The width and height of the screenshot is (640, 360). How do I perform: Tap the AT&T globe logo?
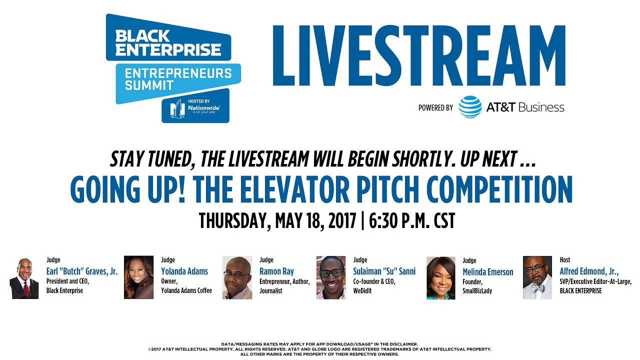470,107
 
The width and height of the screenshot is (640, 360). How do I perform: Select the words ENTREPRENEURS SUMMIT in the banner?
178,79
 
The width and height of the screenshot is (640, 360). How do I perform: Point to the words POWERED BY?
436,107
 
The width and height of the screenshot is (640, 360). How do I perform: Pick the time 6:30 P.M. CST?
412,220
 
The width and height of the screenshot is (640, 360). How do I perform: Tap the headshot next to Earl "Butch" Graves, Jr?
24,278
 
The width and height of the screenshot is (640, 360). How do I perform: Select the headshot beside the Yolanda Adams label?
138,277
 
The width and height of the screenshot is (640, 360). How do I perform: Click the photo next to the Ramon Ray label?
237,278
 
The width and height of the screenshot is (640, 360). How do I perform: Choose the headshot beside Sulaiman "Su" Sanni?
331,277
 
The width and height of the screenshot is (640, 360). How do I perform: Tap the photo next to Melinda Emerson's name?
440,278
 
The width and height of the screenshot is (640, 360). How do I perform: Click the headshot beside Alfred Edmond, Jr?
537,277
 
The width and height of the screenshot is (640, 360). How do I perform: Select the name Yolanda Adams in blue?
184,272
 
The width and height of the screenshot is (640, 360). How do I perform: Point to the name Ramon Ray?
276,272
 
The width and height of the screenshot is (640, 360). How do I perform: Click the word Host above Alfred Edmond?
565,260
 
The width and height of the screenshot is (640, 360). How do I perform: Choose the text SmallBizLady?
477,291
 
